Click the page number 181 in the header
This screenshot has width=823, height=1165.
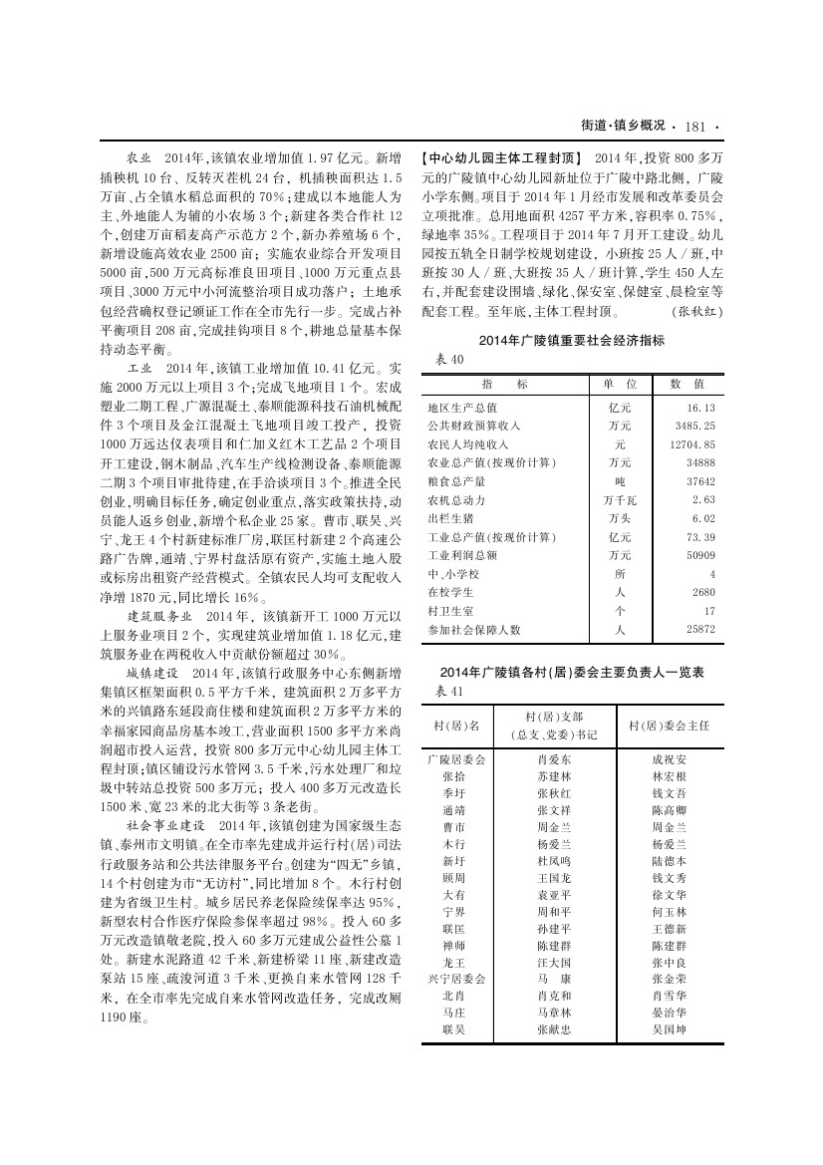[695, 126]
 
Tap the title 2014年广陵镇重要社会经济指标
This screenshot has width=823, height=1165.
[571, 341]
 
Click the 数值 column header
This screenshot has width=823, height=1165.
[686, 384]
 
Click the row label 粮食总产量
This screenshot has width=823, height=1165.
[455, 481]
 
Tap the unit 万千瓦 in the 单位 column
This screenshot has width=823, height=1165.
[619, 499]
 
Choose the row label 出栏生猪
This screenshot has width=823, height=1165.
[448, 518]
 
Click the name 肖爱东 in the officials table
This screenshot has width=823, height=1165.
[554, 759]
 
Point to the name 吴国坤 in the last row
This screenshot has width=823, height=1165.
[669, 1028]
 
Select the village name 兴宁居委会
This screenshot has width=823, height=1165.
[455, 980]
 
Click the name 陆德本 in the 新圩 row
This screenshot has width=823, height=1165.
[669, 859]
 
